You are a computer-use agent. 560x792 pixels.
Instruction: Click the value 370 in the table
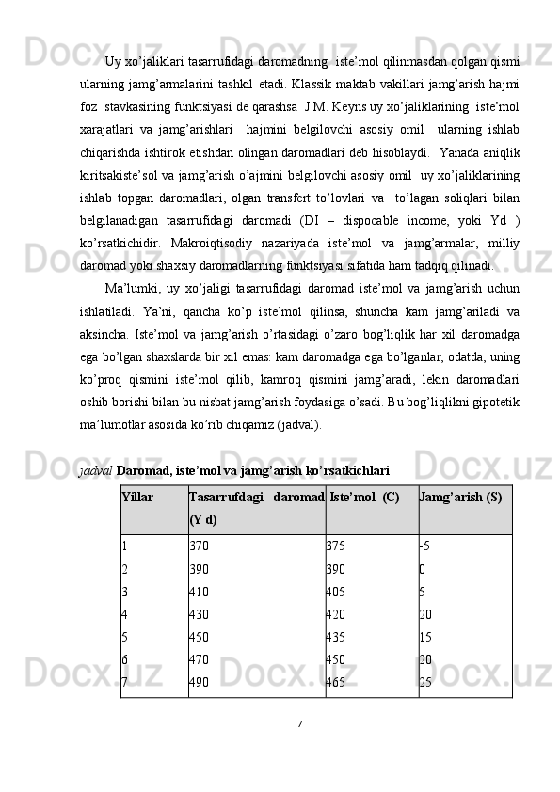pyautogui.click(x=199, y=546)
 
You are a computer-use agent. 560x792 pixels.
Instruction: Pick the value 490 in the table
pyautogui.click(x=199, y=683)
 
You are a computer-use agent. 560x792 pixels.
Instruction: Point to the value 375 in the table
pyautogui.click(x=335, y=546)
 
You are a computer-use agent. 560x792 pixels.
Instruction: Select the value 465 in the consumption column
pyautogui.click(x=335, y=683)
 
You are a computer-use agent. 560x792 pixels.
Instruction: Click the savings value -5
pyautogui.click(x=424, y=546)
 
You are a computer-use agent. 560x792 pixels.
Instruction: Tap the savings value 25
pyautogui.click(x=426, y=683)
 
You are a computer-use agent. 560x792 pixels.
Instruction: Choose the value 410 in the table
pyautogui.click(x=199, y=592)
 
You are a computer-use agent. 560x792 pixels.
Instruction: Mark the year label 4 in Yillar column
pyautogui.click(x=125, y=614)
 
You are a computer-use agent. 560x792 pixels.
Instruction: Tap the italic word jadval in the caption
pyautogui.click(x=95, y=467)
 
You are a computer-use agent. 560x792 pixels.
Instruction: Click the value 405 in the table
pyautogui.click(x=335, y=592)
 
